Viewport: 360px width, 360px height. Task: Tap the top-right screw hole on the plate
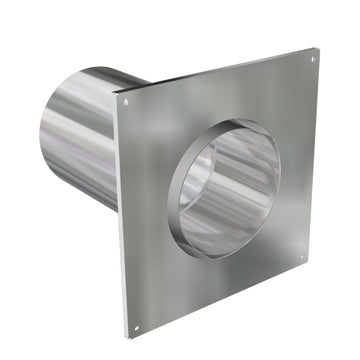click(311, 58)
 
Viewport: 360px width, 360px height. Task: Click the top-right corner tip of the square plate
click(317, 48)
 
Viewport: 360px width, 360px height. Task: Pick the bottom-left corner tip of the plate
click(128, 340)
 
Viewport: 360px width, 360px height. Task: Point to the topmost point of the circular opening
click(235, 120)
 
